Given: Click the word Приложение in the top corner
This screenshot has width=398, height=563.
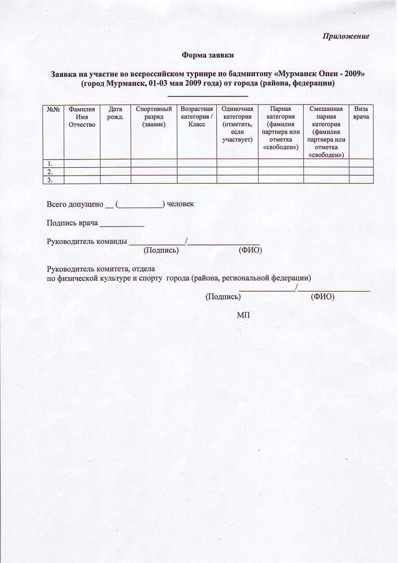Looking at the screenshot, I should (x=346, y=37).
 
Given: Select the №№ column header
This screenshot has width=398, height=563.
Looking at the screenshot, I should (x=53, y=109).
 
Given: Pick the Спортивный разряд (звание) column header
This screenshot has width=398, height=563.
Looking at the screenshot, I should (x=154, y=117).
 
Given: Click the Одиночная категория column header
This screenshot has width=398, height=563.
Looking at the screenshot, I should (x=237, y=124).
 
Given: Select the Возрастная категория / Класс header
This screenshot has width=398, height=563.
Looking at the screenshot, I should (x=197, y=117).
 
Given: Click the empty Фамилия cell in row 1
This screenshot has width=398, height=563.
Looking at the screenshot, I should (x=82, y=163).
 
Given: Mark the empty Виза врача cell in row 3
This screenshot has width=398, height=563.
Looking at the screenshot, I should (x=361, y=179).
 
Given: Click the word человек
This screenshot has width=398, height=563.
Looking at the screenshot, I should (x=180, y=204).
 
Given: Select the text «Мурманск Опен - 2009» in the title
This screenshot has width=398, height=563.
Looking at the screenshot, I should (x=321, y=74).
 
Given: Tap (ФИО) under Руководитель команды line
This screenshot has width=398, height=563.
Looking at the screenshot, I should (x=251, y=250).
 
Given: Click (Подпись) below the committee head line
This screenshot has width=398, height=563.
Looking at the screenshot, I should (x=223, y=297).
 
